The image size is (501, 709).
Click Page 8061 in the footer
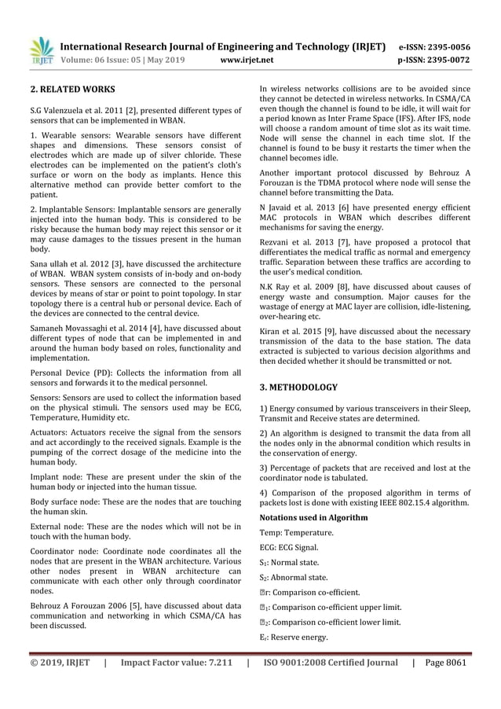pos(446,662)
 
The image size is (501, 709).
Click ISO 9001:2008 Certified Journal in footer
pos(331,662)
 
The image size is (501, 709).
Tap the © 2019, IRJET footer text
pos(60,662)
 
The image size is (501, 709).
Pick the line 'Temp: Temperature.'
pos(296,533)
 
